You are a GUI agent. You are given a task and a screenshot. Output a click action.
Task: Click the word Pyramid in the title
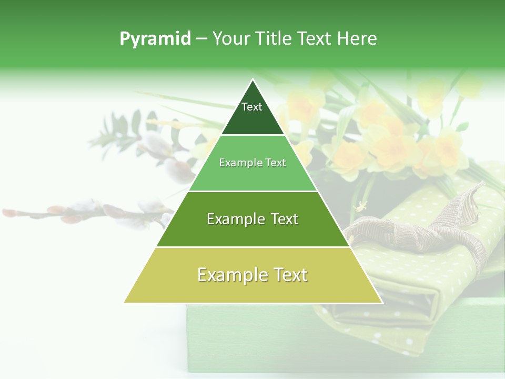155,39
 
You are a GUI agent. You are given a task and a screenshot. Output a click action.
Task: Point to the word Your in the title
231,39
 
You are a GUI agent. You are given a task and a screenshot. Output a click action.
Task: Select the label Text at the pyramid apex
252,107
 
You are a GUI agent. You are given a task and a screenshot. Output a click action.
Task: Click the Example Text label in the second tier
252,163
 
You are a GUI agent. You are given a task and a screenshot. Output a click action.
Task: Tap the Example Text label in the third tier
252,219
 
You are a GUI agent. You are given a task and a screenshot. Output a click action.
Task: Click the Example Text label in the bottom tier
252,275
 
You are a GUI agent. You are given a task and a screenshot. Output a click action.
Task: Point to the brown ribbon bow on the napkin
421,232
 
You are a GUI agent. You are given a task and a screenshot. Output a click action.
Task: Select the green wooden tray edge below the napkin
263,337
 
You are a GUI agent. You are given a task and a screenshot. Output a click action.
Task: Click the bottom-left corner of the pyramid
124,303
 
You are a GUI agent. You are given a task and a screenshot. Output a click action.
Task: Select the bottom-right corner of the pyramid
382,303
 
